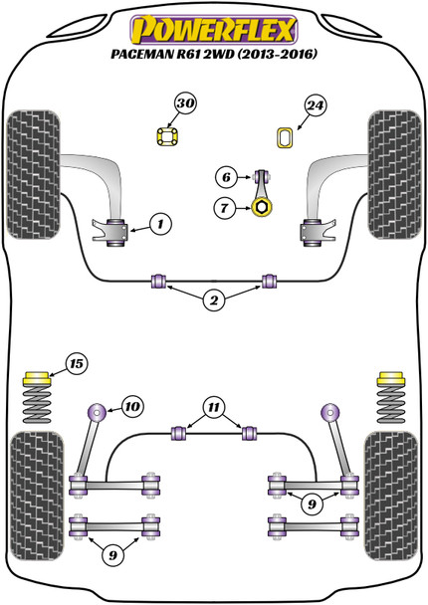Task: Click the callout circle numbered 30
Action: [x=183, y=102]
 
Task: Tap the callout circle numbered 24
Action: [x=315, y=103]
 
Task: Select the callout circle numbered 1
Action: [x=159, y=227]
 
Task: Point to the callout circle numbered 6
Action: [x=226, y=178]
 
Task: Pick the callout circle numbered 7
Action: [x=226, y=208]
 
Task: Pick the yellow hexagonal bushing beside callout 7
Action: [x=263, y=207]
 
